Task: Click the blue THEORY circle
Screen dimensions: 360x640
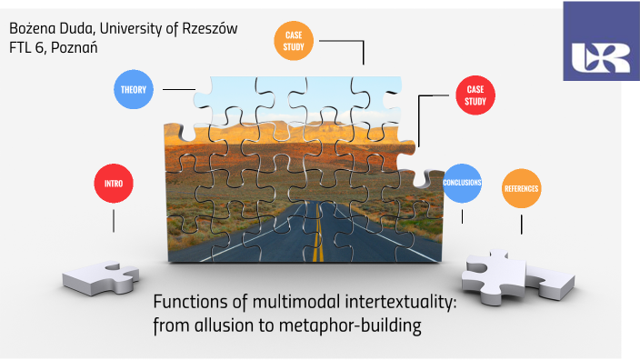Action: pyautogui.click(x=134, y=89)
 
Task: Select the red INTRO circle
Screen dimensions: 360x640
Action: pyautogui.click(x=114, y=184)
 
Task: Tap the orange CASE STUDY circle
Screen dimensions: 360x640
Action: pyautogui.click(x=294, y=41)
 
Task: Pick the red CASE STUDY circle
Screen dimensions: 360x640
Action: pyautogui.click(x=475, y=95)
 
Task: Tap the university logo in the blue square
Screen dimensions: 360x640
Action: pyautogui.click(x=601, y=55)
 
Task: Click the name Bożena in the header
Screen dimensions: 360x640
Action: pyautogui.click(x=31, y=28)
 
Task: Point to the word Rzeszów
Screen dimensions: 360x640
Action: pyautogui.click(x=205, y=28)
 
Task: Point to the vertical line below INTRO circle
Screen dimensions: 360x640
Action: pyautogui.click(x=114, y=221)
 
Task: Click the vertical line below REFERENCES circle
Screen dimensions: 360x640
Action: pyautogui.click(x=522, y=223)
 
